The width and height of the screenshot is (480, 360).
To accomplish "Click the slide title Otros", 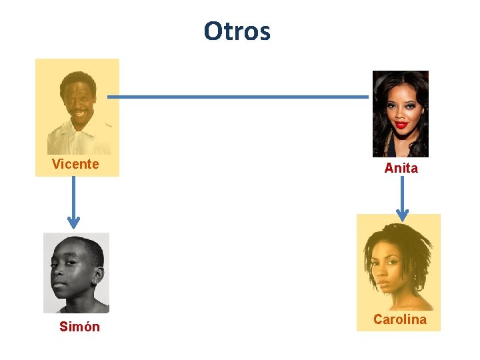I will coord(237,31).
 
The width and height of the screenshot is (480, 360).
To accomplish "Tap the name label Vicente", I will coord(75,164).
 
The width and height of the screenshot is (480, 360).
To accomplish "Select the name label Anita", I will coord(401,169).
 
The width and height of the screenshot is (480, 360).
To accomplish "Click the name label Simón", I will coord(79,327).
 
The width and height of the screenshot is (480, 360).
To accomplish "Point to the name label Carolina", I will coord(399,319).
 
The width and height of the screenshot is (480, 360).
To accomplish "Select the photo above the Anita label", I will coord(400,113).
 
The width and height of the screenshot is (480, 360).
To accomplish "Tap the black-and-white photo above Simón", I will coord(76,273).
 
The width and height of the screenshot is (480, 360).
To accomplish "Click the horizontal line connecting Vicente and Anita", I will coord(238,97).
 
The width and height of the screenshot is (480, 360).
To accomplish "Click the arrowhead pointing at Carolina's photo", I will coord(402,214).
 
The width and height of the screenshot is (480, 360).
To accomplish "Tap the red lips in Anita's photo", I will coord(401,125).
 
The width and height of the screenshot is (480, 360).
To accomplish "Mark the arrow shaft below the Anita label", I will coord(402,193).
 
